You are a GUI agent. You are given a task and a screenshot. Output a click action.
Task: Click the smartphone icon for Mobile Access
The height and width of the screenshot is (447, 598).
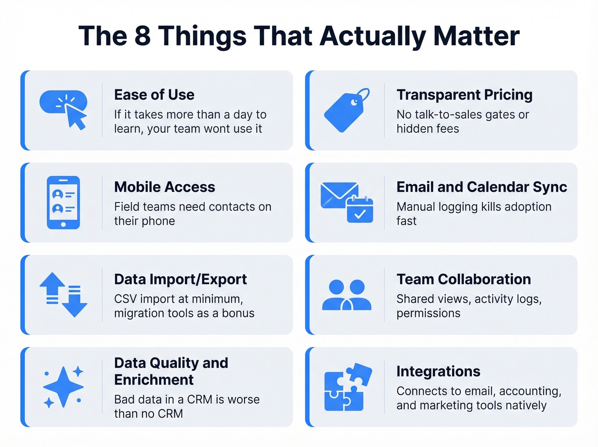(x=63, y=202)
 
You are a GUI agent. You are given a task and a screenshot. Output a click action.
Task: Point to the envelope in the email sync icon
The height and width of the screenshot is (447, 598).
(x=339, y=195)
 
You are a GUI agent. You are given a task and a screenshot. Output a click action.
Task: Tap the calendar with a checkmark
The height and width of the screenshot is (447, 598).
(x=360, y=210)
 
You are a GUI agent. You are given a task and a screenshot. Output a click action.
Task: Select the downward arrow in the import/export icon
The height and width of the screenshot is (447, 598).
(x=74, y=301)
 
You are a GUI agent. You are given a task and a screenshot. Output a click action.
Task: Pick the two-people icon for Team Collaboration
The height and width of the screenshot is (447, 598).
(x=346, y=295)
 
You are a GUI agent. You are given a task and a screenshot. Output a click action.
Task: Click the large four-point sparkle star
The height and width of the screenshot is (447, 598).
(x=63, y=387)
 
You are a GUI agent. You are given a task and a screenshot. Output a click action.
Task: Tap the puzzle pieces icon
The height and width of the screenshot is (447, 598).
(x=347, y=387)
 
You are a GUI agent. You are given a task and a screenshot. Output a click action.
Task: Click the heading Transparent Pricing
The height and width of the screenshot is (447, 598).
(x=464, y=95)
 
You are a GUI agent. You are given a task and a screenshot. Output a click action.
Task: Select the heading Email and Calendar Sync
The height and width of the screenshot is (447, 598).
(x=481, y=187)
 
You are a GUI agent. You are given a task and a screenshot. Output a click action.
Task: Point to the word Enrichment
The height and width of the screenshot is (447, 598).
(x=154, y=380)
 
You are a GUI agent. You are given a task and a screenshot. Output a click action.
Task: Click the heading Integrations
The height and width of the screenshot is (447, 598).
(x=438, y=371)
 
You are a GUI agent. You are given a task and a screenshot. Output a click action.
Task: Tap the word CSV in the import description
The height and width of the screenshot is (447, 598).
(x=125, y=299)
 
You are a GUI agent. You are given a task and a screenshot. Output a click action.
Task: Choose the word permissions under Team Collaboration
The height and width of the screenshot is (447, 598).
(x=428, y=313)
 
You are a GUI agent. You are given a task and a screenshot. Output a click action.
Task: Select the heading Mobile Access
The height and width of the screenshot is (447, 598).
(x=164, y=187)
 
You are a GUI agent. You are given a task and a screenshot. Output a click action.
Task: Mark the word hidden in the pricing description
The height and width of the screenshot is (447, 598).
(x=413, y=129)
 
